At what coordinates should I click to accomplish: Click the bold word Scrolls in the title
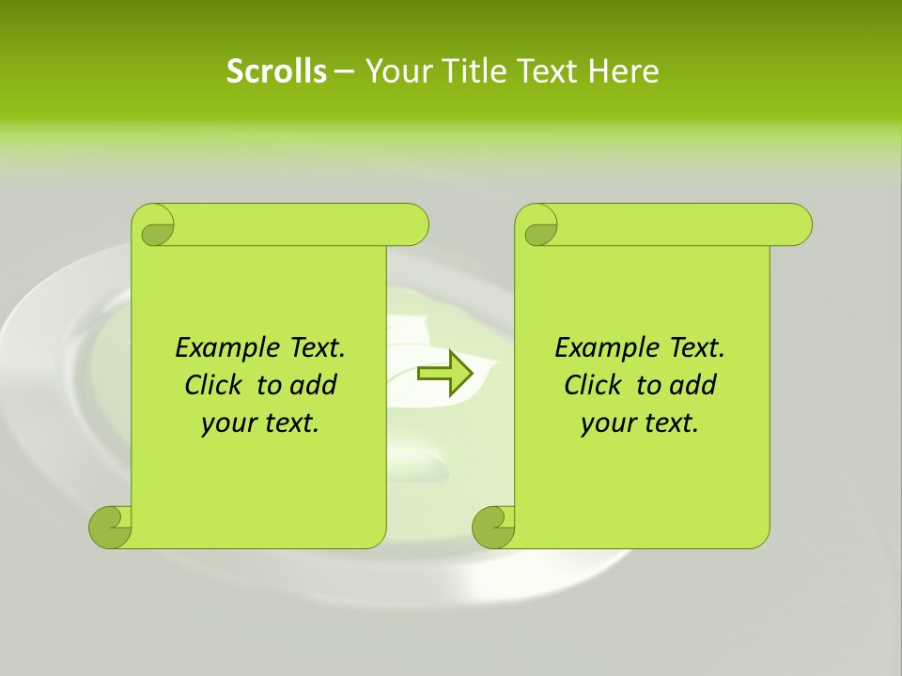[276, 71]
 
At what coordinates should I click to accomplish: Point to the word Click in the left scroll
[214, 385]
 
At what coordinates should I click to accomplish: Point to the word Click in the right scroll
[594, 385]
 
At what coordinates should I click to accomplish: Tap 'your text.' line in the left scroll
[260, 423]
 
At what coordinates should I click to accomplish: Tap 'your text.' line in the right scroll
[640, 423]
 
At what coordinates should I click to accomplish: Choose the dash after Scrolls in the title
[344, 72]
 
